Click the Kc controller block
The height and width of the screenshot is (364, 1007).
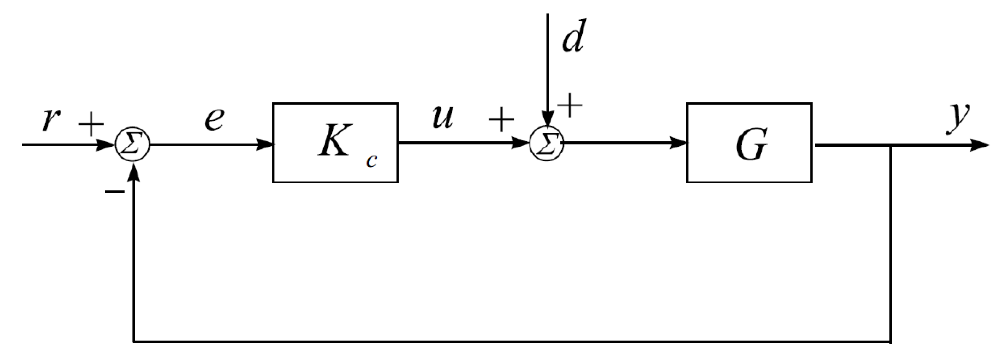[x=335, y=143]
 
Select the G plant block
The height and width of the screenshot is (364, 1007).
[x=749, y=143]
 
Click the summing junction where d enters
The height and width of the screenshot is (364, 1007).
[x=546, y=144]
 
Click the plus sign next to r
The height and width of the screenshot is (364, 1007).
[x=91, y=124]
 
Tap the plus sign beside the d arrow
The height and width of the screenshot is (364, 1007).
[x=570, y=105]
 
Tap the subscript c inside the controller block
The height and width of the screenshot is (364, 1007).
[x=372, y=161]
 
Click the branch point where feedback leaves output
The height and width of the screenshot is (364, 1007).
[x=891, y=145]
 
